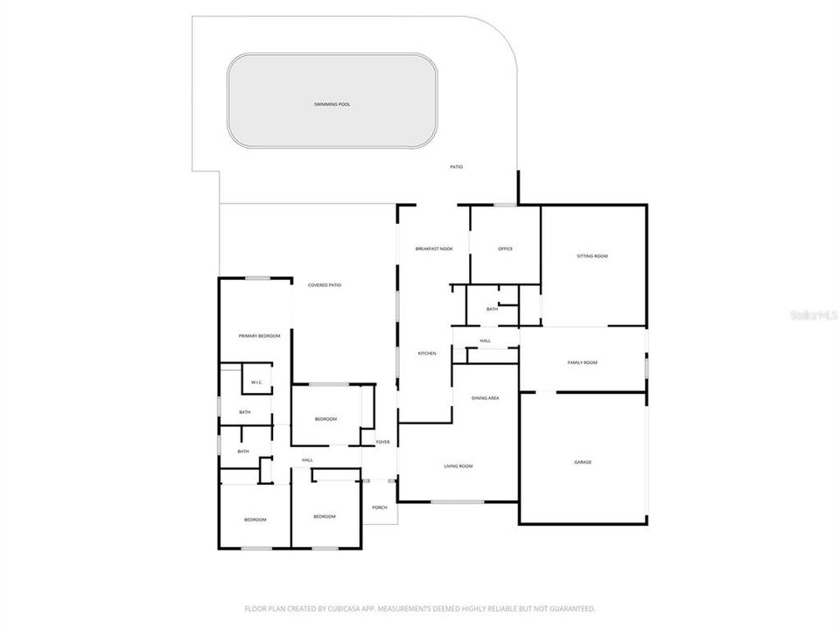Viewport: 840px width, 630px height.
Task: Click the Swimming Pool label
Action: pos(332,104)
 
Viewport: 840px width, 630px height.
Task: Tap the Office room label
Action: pos(505,248)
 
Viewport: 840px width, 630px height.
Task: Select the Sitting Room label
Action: pos(592,256)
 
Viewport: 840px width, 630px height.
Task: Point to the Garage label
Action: pos(583,462)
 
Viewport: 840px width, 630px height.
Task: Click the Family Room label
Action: pos(583,362)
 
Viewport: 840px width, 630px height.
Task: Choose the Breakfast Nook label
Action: pos(434,248)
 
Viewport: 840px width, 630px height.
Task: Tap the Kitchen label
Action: pos(427,353)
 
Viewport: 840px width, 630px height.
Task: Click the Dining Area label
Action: pos(486,398)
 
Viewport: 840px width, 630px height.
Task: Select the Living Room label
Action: pos(458,465)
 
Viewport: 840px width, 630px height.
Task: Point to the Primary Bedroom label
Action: pos(260,336)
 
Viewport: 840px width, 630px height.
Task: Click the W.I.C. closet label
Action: pos(257,382)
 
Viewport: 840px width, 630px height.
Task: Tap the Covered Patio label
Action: pos(325,285)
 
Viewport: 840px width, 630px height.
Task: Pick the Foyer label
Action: pos(382,442)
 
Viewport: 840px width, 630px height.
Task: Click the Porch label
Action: pos(380,507)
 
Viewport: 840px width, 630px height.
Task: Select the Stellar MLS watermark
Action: pos(814,314)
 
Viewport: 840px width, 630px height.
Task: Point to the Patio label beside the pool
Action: pos(456,166)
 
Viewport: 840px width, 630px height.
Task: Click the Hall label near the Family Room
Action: pos(486,340)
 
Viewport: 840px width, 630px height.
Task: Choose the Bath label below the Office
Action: pos(492,309)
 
